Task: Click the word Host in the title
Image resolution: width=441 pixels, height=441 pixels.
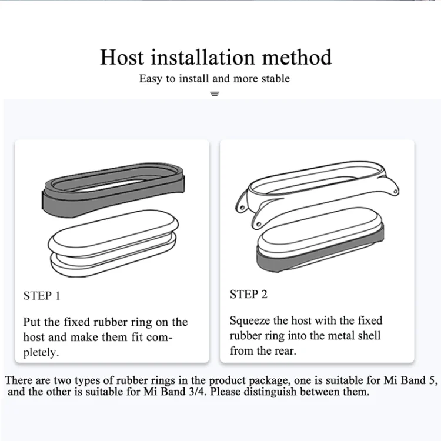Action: coord(122,57)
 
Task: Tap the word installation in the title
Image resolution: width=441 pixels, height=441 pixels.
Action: coord(203,57)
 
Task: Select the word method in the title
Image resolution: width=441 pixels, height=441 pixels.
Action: coord(297,57)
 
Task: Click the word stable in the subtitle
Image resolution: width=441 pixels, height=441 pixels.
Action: coord(276,78)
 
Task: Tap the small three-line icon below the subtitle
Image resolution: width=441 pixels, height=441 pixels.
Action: coord(215,94)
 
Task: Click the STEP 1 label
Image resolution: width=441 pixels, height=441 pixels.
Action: coord(42,296)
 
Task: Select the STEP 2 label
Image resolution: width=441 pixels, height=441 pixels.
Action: coord(248,294)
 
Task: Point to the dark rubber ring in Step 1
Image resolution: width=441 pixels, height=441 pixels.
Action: coord(113,189)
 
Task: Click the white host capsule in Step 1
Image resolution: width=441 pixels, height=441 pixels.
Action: coord(113,243)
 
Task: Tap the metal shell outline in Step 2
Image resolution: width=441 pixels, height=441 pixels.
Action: coord(318,193)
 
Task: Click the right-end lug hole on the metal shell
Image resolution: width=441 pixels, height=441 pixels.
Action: coord(396,192)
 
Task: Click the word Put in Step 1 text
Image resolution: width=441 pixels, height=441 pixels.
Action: coord(32,322)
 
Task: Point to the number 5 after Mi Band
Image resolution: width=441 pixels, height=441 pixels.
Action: coord(433,380)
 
